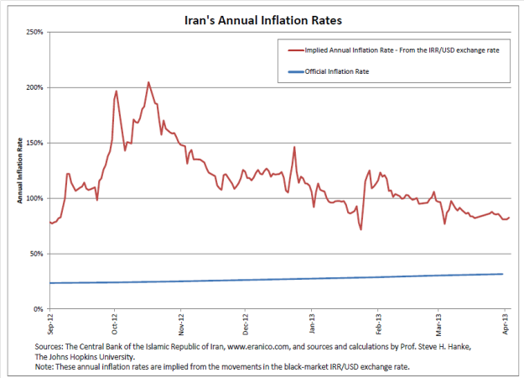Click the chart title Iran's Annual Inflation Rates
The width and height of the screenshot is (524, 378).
(262, 17)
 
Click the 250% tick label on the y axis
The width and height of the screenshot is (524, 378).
(34, 32)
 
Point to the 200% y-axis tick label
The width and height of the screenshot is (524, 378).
(34, 87)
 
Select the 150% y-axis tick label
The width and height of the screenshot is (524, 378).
(34, 143)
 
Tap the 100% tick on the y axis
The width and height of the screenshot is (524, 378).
(34, 198)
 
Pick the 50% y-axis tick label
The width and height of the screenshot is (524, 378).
(36, 254)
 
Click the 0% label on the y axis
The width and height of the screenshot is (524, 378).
(39, 309)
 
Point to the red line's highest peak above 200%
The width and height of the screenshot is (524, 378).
(148, 82)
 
